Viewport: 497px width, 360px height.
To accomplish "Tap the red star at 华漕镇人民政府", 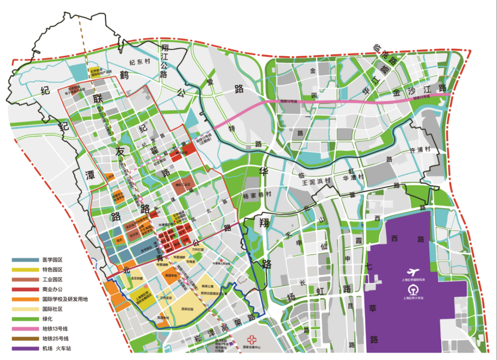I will click(x=214, y=260).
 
